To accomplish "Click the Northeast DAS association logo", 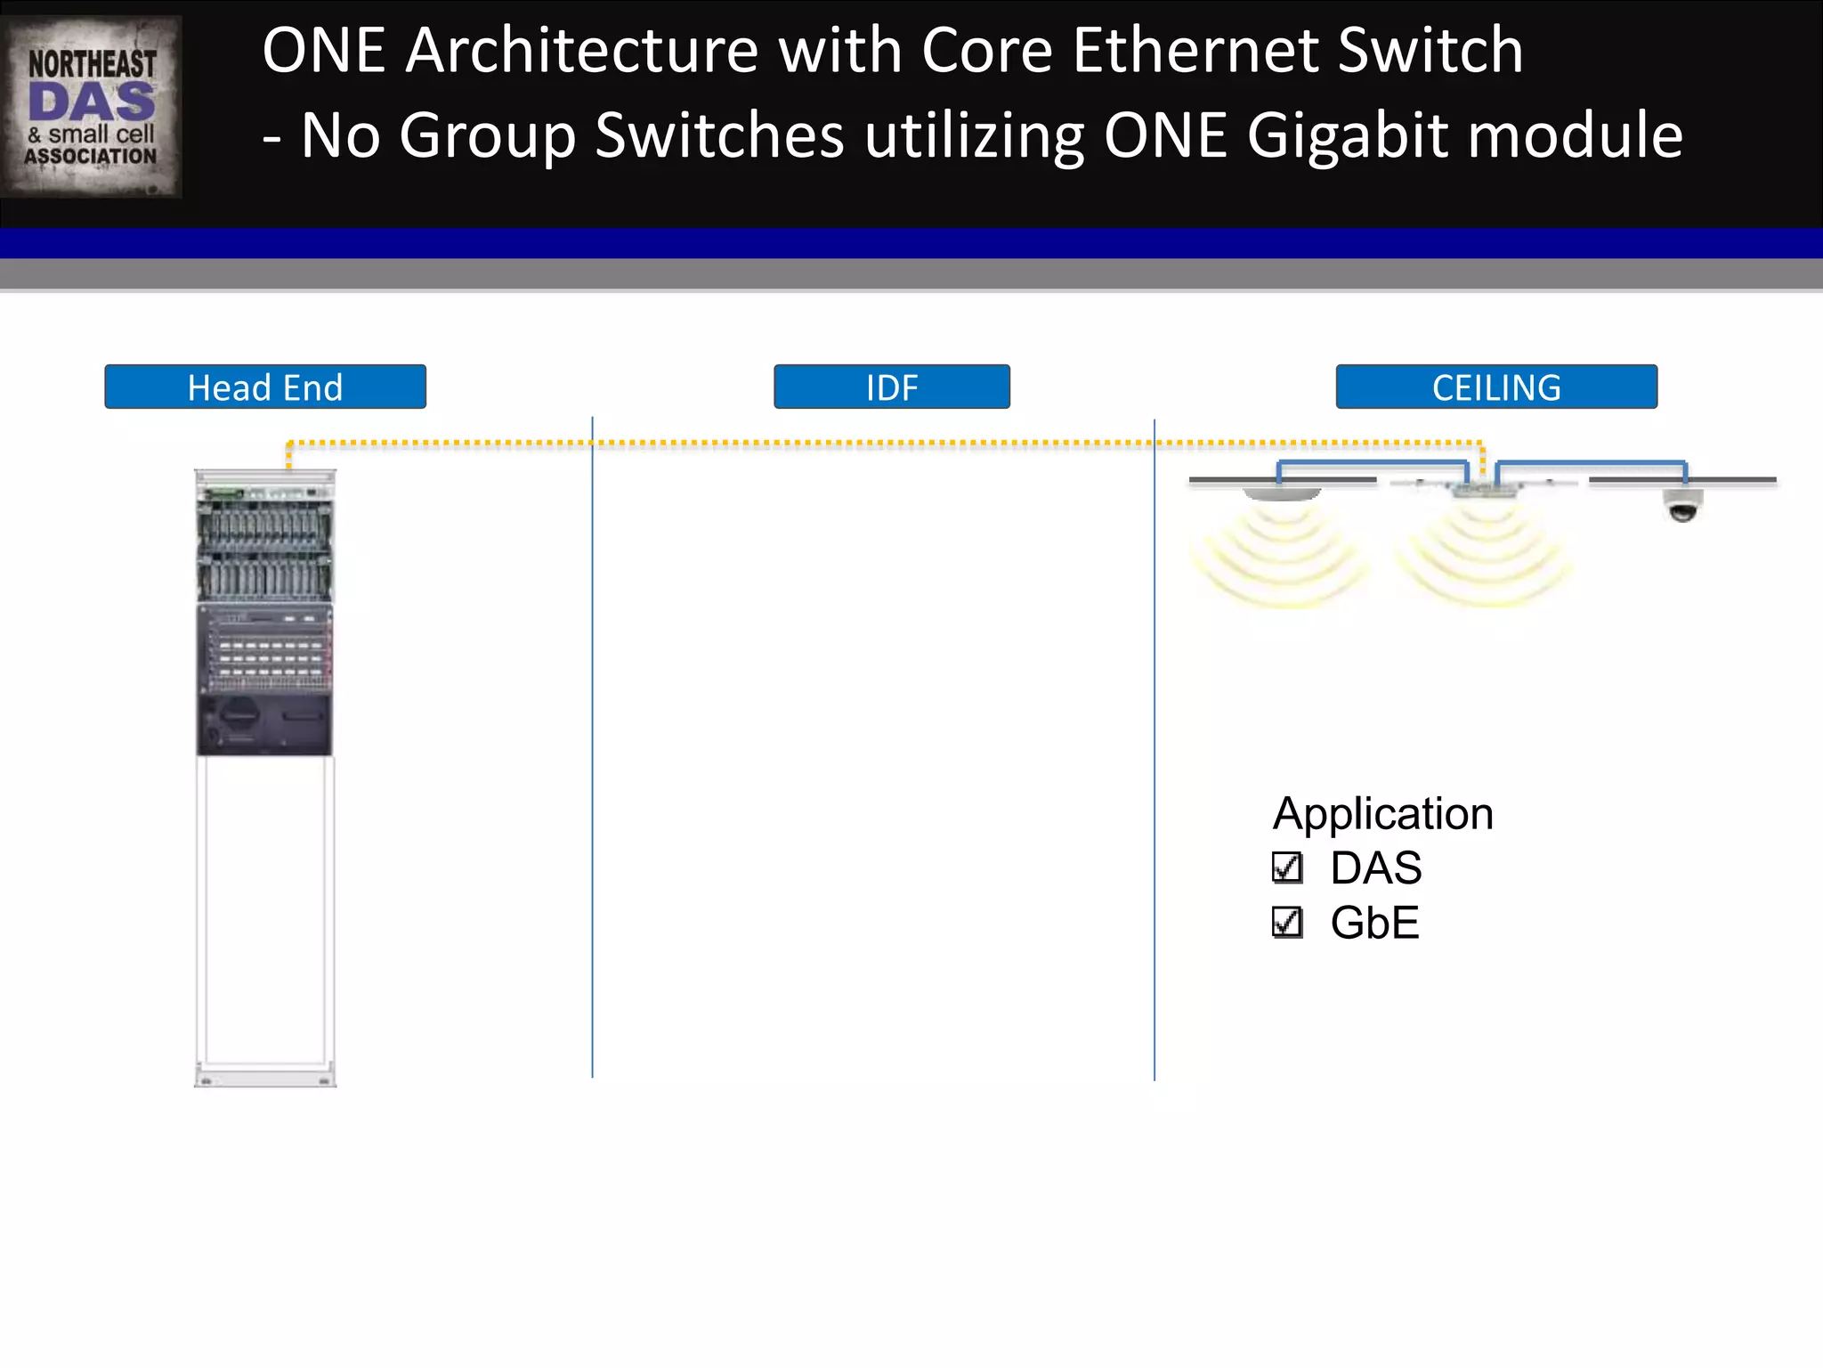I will (92, 107).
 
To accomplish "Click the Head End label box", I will (265, 387).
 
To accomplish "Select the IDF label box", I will (892, 387).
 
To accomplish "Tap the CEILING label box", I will (1496, 387).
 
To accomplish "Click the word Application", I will (1382, 814).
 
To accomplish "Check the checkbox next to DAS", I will (1287, 868).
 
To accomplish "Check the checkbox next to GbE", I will (1287, 923).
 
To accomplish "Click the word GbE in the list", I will (1374, 923).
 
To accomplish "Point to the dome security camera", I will (1681, 506).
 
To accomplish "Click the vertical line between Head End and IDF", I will (592, 748).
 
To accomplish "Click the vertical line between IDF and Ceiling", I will (1155, 748).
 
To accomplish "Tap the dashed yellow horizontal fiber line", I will (881, 443).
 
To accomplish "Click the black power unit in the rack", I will (264, 724).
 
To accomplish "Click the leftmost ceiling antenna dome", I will (1282, 493).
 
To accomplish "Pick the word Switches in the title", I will (719, 136).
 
